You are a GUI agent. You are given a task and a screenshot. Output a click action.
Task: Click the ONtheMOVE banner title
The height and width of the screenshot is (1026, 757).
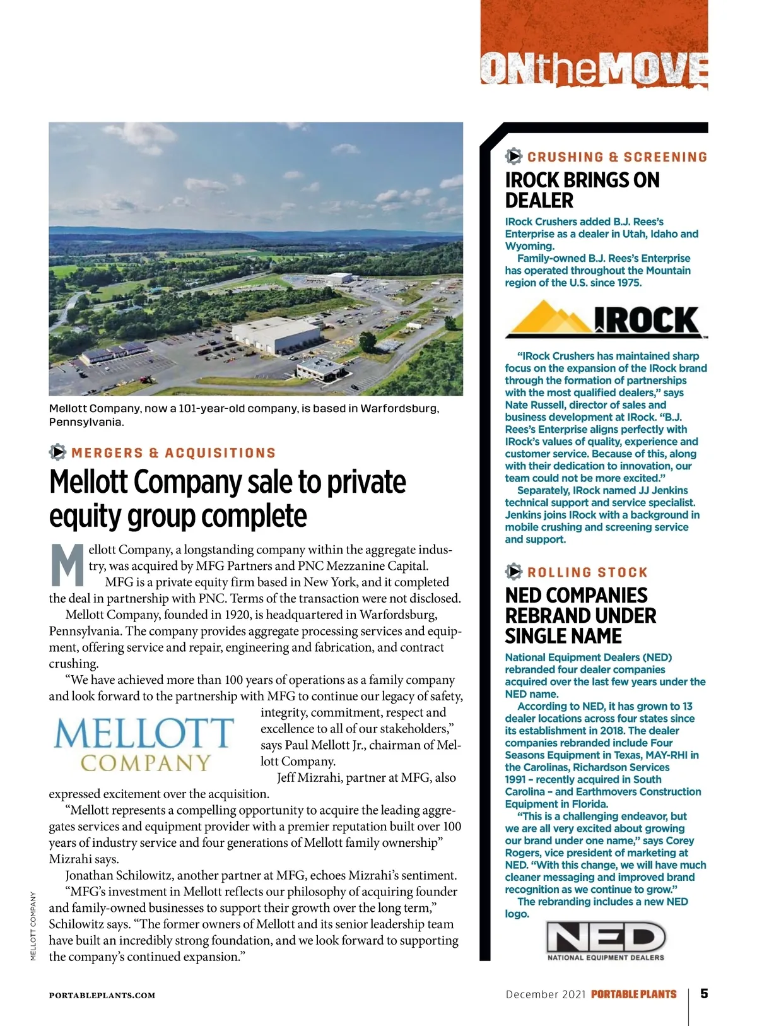pos(594,68)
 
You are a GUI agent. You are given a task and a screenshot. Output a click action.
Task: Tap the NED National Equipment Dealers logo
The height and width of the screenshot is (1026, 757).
pos(605,941)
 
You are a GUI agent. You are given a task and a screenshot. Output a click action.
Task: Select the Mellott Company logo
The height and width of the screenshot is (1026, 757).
pos(144,745)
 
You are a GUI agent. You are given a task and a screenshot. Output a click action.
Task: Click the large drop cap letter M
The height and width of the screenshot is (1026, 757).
pos(67,564)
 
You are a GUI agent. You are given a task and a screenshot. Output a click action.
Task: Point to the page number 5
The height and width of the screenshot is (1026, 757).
pos(704,994)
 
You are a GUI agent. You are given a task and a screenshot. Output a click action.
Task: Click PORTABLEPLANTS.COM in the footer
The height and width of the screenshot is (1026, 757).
pos(102,996)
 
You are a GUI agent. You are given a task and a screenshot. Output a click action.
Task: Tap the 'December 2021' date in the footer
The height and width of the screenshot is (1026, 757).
pos(546,994)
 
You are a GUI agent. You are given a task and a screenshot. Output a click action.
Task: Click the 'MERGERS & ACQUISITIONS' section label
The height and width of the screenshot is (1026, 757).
pos(173,453)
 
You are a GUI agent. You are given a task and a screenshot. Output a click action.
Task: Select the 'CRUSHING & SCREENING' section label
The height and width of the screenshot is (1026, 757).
pos(617,157)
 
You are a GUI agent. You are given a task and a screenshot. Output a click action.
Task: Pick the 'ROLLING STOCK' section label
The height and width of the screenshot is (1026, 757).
pos(587,572)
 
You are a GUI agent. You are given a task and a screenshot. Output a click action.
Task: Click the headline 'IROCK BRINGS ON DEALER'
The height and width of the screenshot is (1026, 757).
pos(582,190)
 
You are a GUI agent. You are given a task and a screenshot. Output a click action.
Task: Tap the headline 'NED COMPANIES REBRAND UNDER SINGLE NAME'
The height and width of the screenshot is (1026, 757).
pos(580,615)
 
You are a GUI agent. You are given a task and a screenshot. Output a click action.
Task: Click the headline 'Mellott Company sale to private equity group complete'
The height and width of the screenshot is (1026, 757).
pos(227,498)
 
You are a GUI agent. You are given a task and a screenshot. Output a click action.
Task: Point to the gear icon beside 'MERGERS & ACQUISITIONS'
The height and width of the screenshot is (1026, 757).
pos(57,452)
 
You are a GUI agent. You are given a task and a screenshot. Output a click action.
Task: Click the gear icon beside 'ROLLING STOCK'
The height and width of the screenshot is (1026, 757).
pos(513,572)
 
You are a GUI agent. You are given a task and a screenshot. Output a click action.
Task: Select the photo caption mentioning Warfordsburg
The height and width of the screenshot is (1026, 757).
pos(244,415)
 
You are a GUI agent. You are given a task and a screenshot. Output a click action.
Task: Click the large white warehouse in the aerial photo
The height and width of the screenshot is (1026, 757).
pos(278,334)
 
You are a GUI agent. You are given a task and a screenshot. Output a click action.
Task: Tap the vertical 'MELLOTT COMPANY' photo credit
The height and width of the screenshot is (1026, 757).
pos(33,926)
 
